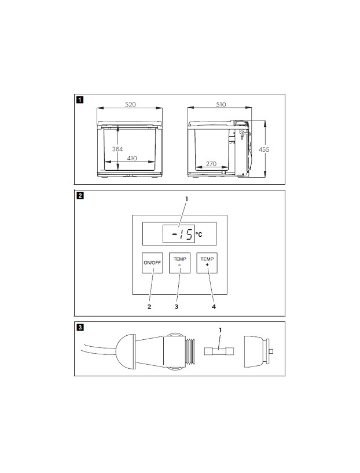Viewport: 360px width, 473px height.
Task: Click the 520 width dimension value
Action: (130, 104)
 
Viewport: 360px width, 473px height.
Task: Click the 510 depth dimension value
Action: (221, 104)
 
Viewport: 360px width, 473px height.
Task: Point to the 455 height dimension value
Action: (264, 149)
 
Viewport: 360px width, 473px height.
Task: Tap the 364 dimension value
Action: (117, 149)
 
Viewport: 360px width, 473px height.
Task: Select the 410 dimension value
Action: (132, 158)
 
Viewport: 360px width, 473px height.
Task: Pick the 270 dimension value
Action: (211, 164)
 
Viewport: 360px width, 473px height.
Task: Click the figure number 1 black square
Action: (79, 98)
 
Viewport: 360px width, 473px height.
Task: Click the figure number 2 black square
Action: (79, 195)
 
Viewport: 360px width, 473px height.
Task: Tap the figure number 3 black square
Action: (79, 327)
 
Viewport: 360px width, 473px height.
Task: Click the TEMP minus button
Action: (179, 263)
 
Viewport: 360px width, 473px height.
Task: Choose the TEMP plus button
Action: (207, 263)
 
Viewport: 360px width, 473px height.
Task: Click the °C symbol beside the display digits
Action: (199, 234)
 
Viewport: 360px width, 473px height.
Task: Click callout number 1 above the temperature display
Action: (186, 199)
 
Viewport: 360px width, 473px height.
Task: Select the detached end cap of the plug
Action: (255, 351)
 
